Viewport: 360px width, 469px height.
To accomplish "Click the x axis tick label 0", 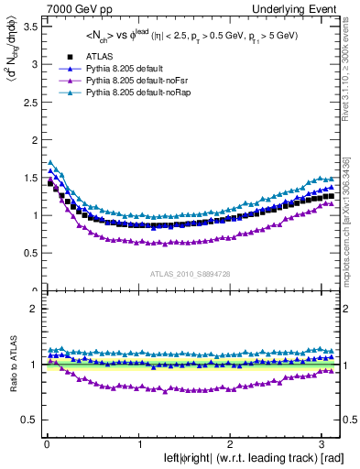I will coord(46,444).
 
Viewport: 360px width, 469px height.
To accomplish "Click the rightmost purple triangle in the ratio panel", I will coord(329,371).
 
